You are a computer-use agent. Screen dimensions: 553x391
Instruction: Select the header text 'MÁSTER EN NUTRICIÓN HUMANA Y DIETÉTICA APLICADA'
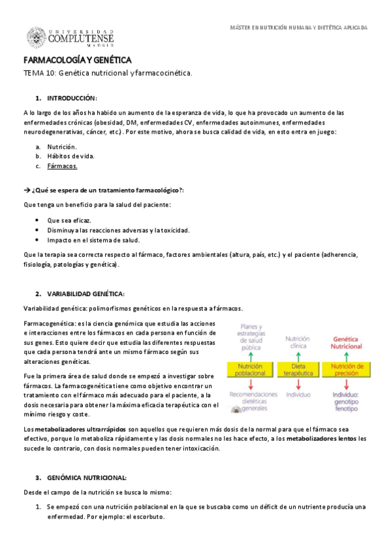300,28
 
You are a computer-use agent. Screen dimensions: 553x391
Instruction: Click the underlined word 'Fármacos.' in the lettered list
62,166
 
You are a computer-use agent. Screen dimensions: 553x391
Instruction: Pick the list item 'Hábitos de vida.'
70,157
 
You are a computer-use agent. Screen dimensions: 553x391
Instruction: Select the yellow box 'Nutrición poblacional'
251,370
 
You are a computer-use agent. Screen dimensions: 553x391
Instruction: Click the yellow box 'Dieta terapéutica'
298,370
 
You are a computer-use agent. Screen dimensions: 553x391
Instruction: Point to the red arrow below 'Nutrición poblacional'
251,383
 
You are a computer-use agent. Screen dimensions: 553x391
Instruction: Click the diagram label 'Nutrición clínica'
298,342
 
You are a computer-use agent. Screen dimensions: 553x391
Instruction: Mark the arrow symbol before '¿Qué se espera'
27,190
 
